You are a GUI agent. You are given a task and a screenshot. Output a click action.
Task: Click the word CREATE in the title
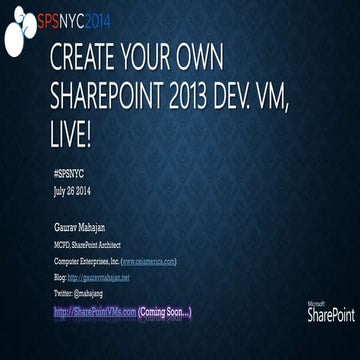[86, 58]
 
